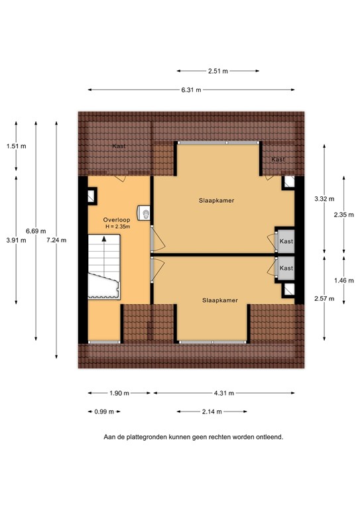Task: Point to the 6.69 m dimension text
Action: (x=36, y=231)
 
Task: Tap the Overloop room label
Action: (x=115, y=219)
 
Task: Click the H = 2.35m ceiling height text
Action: (x=117, y=227)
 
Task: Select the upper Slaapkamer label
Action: (x=217, y=199)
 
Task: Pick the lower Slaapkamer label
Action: (x=221, y=300)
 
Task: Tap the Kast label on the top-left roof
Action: (x=119, y=146)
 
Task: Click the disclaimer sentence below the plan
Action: (x=193, y=437)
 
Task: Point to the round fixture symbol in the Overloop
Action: (x=144, y=213)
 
